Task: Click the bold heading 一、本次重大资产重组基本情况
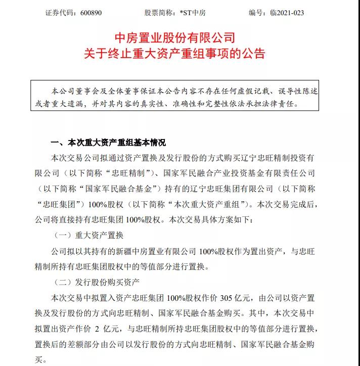click(109, 143)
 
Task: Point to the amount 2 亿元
click(108, 329)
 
